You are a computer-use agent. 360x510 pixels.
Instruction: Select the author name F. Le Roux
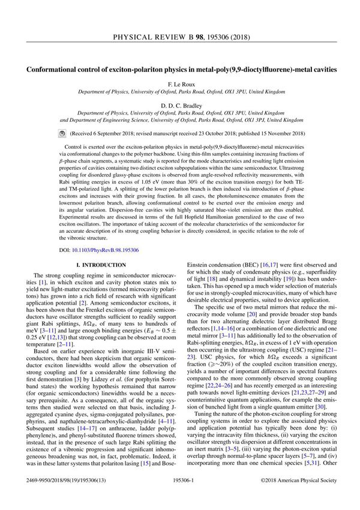[x=180, y=83]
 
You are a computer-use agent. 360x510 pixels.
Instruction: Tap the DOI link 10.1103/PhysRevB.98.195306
[x=98, y=249]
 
